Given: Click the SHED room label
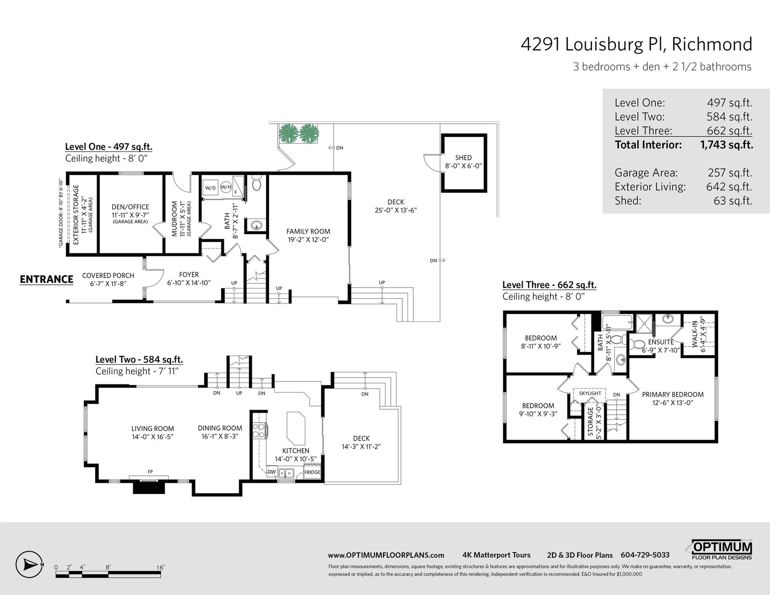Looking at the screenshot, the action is coord(463,158).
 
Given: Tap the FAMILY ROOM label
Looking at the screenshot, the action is coord(308,232).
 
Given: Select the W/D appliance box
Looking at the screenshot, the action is coord(210,188).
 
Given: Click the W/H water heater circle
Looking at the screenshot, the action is coord(226,187).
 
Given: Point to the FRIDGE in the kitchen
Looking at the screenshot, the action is coord(312,472).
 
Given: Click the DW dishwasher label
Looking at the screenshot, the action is coord(271,472).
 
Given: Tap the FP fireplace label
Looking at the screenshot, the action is coord(150,472).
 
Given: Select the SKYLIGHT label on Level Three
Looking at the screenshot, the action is coord(590,393).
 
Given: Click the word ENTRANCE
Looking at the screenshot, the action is coord(46,279).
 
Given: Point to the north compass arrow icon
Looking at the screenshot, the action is coord(29,565).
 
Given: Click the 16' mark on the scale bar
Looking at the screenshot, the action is coord(161,568).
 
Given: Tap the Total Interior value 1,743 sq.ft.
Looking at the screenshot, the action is coord(726,145).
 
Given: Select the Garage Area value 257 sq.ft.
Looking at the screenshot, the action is coord(730,173).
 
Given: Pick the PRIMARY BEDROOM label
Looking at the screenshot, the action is coord(673,394).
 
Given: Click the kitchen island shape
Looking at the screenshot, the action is coord(296,428).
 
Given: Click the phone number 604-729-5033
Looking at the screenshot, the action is coord(645,555).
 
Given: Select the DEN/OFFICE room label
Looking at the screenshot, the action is coord(130,207).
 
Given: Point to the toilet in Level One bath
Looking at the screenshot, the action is coord(256,183).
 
